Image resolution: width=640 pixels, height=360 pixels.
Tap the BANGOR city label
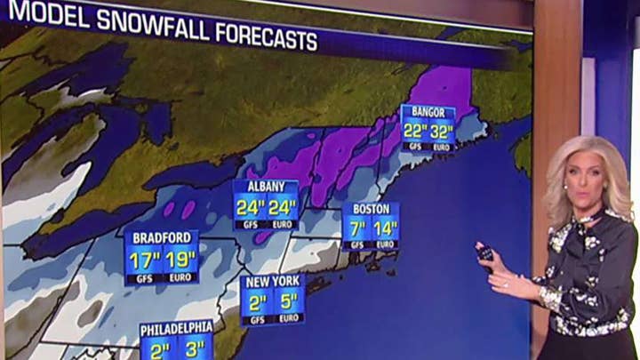429,112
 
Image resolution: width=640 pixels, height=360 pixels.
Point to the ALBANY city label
266,187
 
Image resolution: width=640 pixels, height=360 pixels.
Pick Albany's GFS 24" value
251,207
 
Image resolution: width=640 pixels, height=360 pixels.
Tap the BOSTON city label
372,210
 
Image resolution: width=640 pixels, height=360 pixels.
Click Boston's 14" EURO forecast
386,228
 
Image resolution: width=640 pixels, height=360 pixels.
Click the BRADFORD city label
162,237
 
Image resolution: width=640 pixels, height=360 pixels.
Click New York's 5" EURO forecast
288,301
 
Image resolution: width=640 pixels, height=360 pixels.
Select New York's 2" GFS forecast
258,301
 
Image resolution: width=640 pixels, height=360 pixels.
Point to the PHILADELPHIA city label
176,327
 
